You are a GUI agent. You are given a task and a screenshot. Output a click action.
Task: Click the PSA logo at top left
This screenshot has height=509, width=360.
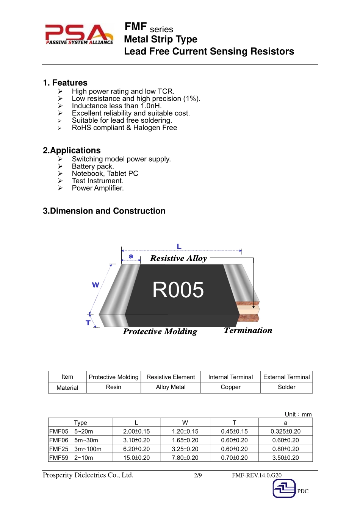(x=79, y=34)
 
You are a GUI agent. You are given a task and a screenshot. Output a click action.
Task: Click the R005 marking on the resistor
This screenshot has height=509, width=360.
(x=178, y=290)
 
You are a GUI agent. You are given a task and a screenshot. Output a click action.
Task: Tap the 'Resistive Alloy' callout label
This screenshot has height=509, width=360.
(x=178, y=258)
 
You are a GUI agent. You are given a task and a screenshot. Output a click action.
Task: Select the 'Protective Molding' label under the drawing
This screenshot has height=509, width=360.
(x=160, y=331)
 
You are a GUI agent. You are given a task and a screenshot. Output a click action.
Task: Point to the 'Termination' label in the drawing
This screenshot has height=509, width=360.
(x=248, y=330)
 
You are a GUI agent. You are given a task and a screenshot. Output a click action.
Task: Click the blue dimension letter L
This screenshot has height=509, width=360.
(x=179, y=247)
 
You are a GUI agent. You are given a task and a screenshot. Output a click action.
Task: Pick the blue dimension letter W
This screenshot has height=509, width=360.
(x=95, y=285)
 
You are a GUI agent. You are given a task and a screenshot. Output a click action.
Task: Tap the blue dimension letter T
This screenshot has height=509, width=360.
(x=88, y=323)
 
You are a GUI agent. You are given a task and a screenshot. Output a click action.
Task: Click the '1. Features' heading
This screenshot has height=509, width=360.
(x=65, y=83)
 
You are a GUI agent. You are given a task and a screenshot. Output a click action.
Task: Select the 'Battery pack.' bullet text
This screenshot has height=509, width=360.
(x=93, y=166)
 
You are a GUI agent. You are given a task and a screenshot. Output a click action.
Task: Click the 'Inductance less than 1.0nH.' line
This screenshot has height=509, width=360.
(x=117, y=106)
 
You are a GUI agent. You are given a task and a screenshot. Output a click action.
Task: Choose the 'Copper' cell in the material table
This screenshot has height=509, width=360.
(x=230, y=387)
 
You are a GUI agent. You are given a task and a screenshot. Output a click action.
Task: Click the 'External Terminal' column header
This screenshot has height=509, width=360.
(x=286, y=377)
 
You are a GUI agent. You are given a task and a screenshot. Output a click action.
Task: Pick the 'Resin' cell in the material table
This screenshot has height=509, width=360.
(x=114, y=387)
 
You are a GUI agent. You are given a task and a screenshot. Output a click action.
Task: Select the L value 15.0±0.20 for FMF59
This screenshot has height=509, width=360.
(x=136, y=457)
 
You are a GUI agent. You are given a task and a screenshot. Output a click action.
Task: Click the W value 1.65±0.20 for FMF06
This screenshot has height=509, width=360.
(x=185, y=440)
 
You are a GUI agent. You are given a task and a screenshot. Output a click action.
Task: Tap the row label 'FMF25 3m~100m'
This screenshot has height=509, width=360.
(x=75, y=449)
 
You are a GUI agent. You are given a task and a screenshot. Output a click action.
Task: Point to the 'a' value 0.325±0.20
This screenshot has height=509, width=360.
(x=285, y=431)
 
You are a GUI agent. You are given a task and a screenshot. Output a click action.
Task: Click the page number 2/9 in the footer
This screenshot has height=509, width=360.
(x=198, y=475)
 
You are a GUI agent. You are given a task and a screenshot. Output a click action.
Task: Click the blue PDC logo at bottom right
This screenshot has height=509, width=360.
(x=285, y=489)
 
